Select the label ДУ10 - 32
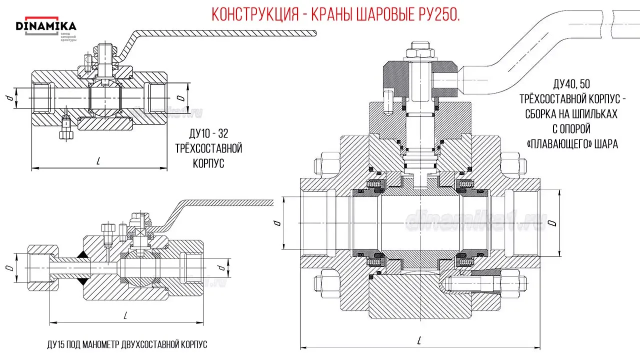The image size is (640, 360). tap(208, 134)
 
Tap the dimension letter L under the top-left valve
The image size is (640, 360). tap(98, 161)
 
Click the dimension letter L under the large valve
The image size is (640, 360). tap(418, 340)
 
